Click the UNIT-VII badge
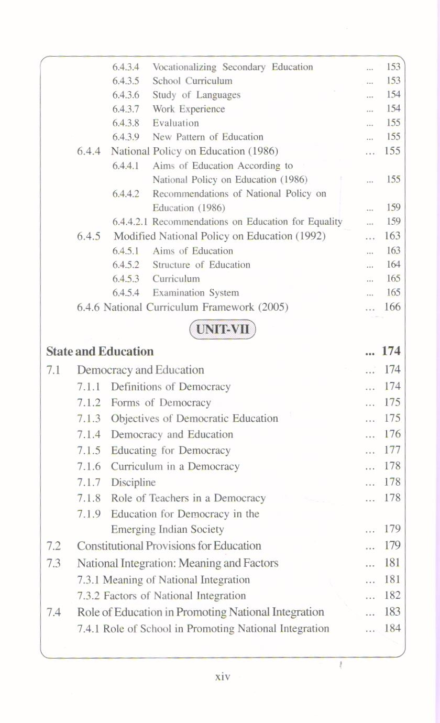click(223, 330)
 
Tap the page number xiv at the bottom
click(223, 677)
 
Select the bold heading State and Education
click(100, 351)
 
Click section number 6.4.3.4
click(126, 67)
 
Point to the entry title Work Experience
click(189, 109)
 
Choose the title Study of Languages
click(196, 95)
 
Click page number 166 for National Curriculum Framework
click(392, 306)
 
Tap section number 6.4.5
click(89, 236)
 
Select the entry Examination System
click(195, 293)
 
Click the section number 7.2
click(53, 546)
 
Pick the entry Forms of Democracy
click(161, 403)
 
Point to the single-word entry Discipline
click(133, 482)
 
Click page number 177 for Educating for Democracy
click(392, 450)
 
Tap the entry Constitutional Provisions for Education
click(169, 546)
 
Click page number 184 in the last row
click(392, 628)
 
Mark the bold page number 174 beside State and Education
click(391, 351)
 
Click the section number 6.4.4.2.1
click(130, 222)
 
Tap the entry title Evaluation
click(175, 123)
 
